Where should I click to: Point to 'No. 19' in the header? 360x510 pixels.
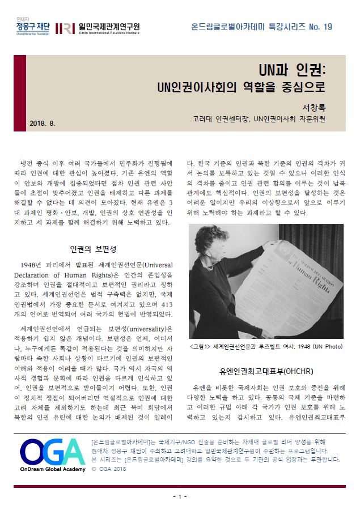point(320,27)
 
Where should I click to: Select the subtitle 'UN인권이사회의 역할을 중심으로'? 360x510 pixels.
point(242,88)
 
